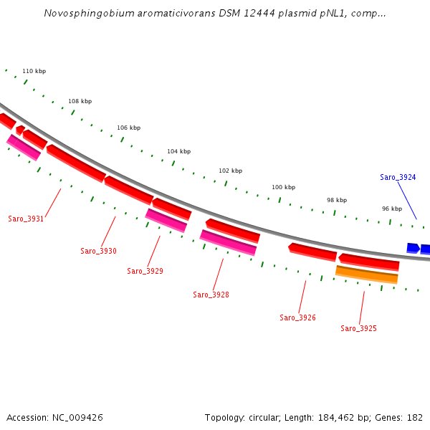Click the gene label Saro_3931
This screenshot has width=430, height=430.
coord(26,219)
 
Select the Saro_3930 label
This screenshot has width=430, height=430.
coord(98,251)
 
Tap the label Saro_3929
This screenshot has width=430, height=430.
coord(145,271)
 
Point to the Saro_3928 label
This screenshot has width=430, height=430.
coord(211,295)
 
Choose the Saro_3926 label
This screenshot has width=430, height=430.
coord(297,317)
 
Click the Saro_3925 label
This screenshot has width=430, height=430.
coord(358,328)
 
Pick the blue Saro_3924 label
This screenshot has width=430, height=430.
coord(398,177)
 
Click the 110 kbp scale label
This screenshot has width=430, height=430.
coord(34,71)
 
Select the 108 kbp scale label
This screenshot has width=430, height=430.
coord(80,101)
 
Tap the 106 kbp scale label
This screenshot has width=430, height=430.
coord(128,128)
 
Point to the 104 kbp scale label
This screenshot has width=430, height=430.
coord(178,151)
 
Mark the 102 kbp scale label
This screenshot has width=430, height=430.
coord(230,171)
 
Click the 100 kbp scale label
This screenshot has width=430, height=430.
coord(283,187)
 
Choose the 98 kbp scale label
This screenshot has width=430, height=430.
coord(336,200)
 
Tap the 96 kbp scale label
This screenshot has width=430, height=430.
coord(391,209)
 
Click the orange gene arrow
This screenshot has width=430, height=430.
coord(366,274)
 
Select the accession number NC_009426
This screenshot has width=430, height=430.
coord(78,417)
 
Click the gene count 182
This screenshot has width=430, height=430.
coord(414,417)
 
